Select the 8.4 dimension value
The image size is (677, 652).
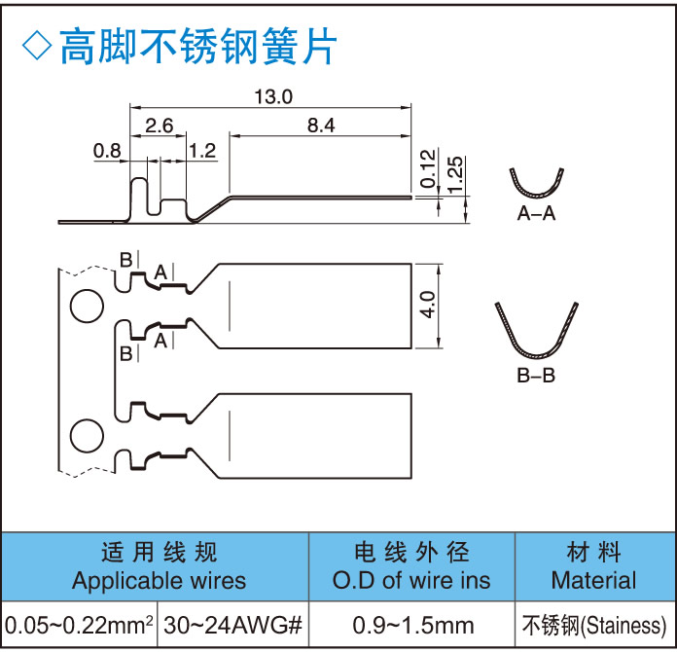[320, 125]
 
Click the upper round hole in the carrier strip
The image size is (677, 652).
[87, 307]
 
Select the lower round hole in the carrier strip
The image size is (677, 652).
[87, 435]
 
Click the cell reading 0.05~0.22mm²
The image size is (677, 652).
[80, 624]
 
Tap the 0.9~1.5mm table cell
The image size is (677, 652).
[411, 624]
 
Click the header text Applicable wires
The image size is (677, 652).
[160, 582]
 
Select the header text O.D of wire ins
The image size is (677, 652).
[411, 582]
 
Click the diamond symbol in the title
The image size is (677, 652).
[36, 45]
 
